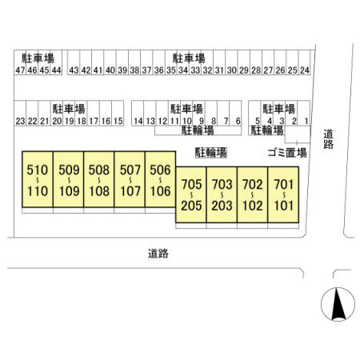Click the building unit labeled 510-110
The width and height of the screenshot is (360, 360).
click(x=38, y=179)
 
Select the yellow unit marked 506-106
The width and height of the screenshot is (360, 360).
click(x=160, y=179)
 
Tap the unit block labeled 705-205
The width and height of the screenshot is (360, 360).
click(x=191, y=194)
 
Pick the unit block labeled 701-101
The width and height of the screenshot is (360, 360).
click(x=283, y=194)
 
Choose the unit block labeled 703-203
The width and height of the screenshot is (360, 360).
click(x=222, y=194)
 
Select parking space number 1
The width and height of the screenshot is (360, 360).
click(x=304, y=113)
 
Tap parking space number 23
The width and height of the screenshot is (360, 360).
click(x=20, y=113)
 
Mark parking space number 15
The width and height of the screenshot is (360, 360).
click(x=118, y=113)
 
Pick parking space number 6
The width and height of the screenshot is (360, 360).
click(x=235, y=113)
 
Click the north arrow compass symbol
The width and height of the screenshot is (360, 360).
click(x=338, y=304)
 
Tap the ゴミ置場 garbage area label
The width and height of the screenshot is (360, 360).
click(x=287, y=153)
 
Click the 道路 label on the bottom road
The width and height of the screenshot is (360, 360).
click(x=158, y=254)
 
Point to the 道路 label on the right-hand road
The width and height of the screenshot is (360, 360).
click(x=329, y=139)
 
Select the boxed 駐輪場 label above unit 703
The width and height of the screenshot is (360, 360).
click(x=211, y=153)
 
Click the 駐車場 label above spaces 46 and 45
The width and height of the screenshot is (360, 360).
click(x=38, y=58)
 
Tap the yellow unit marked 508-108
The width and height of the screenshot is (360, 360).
click(x=99, y=179)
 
